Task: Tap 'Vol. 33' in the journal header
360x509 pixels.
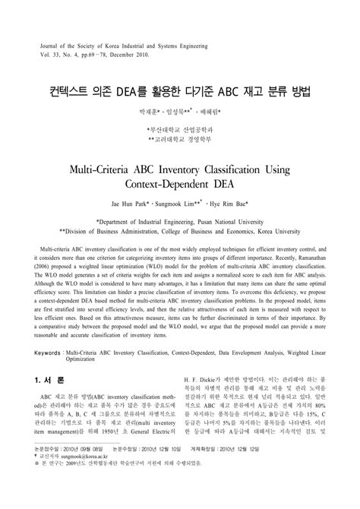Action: coord(50,55)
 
